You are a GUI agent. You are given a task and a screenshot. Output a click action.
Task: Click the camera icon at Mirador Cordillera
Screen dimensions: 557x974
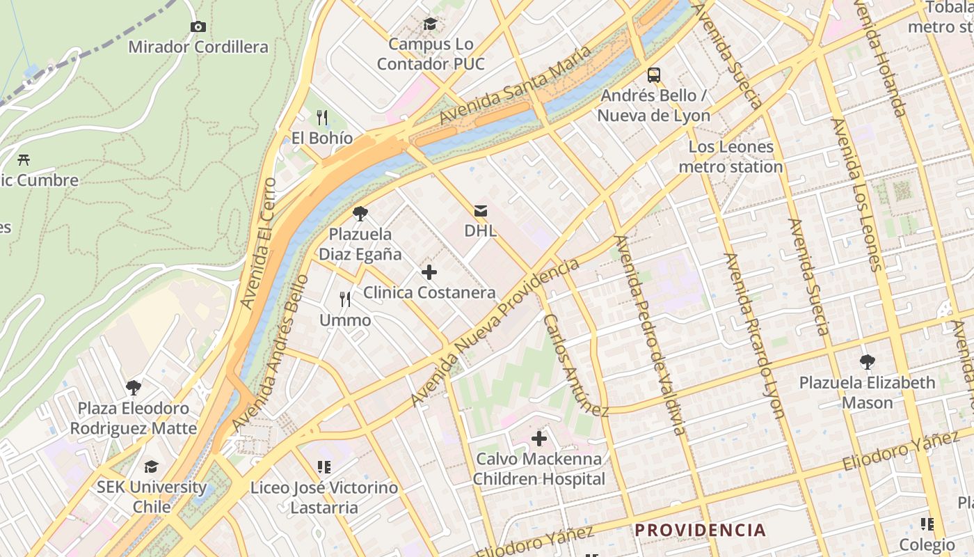pos(198,26)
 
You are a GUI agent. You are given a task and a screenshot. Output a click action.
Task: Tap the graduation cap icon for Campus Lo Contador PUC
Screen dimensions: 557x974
pos(430,24)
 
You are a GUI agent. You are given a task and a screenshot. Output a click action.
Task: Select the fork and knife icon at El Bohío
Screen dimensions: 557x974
pos(321,117)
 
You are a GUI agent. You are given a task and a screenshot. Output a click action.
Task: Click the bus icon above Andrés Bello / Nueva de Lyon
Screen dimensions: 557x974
pos(654,74)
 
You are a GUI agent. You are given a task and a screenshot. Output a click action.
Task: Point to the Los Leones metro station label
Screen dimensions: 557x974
pos(730,157)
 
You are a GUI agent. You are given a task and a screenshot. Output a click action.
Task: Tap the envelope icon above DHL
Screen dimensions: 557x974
pos(480,210)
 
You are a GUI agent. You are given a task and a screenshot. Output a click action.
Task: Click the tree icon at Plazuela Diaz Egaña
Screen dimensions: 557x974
pos(360,214)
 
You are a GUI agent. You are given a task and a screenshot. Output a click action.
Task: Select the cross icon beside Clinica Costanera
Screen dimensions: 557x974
pos(429,272)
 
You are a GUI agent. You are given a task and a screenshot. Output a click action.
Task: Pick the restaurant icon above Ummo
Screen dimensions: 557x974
pos(345,300)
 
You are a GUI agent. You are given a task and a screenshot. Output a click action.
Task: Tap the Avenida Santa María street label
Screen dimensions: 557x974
pos(515,85)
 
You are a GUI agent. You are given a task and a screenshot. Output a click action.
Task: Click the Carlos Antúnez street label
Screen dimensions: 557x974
pos(575,365)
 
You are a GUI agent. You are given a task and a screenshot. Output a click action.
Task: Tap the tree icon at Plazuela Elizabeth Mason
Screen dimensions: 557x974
pos(867,362)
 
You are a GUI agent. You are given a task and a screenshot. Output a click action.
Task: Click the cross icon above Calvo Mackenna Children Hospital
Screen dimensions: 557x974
pos(538,439)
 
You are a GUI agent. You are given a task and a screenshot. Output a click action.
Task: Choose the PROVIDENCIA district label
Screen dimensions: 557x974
pos(700,531)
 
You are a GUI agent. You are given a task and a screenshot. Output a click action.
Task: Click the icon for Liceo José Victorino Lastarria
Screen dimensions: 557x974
pos(324,467)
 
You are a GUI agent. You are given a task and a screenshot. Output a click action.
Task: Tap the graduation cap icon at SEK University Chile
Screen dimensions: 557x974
pos(151,466)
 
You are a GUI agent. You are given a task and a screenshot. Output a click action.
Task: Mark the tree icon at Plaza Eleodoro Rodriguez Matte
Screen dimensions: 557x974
pos(133,387)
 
